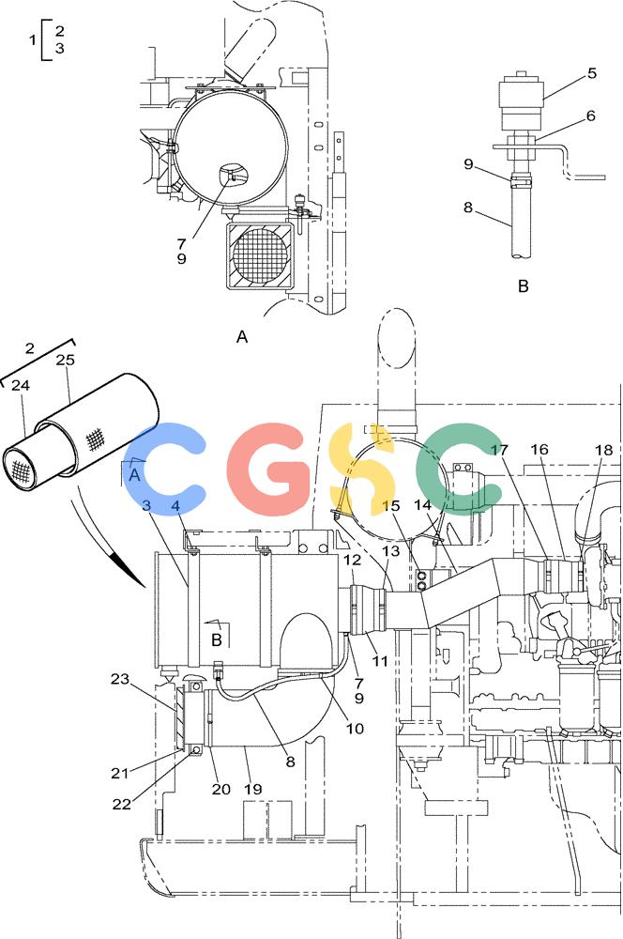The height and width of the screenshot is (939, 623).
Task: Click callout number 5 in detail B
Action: click(591, 73)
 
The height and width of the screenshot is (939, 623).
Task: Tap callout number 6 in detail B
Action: click(591, 115)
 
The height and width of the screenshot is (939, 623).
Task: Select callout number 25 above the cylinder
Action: click(65, 360)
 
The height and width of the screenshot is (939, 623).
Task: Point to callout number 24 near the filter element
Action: click(21, 385)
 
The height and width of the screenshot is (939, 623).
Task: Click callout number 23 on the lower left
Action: click(120, 679)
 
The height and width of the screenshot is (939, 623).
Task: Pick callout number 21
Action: click(120, 773)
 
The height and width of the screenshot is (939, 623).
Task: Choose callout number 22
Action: click(121, 804)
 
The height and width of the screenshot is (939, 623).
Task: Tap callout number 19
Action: click(252, 790)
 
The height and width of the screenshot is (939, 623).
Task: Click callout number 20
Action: click(220, 790)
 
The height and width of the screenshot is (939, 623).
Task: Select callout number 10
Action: click(355, 729)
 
